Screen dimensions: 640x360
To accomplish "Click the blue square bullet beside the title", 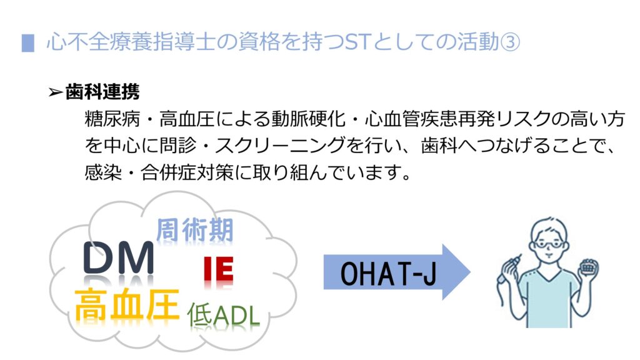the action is (x=27, y=43).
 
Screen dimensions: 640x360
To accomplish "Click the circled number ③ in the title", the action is (x=510, y=42).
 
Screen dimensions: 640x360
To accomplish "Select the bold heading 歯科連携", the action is (x=102, y=92).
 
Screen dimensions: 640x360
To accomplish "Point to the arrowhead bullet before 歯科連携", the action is (x=56, y=92).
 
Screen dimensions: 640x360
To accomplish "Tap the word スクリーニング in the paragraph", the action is (x=280, y=145).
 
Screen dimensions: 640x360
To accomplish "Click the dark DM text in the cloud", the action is (x=118, y=258).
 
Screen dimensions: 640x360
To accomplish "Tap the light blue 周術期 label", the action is (x=195, y=230).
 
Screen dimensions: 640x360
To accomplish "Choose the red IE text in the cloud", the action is (x=218, y=269).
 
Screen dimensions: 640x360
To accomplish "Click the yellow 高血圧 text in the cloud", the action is (x=127, y=304).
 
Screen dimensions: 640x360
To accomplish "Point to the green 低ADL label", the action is (x=223, y=315).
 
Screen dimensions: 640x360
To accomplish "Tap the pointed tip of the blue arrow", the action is (x=470, y=272).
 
